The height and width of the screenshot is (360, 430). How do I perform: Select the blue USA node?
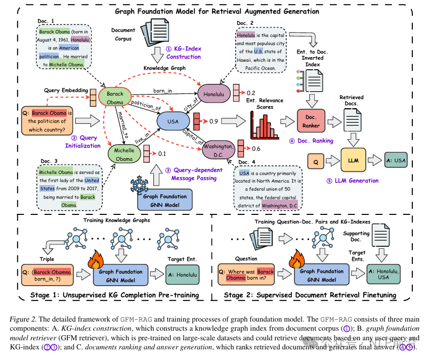click(172, 121)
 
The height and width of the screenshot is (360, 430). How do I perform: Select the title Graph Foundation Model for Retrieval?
click(214, 11)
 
